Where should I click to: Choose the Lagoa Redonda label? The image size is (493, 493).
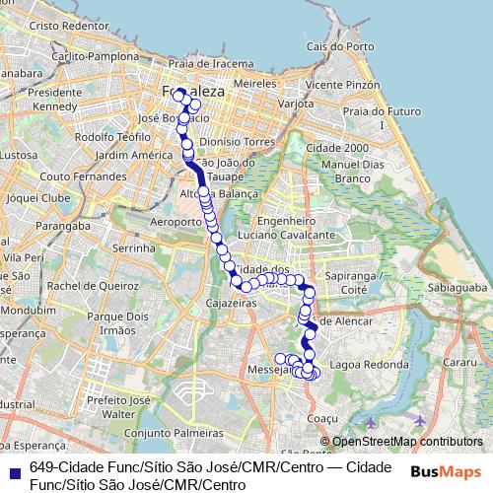pyautogui.click(x=371, y=364)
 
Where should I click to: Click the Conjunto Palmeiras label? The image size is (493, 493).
pyautogui.click(x=162, y=432)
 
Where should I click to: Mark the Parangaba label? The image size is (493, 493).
pyautogui.click(x=56, y=224)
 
